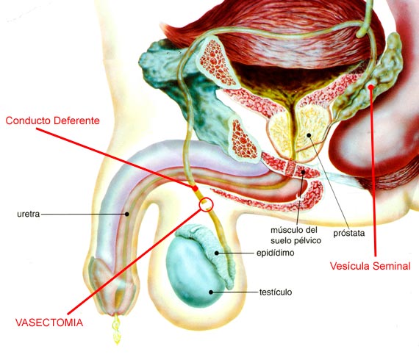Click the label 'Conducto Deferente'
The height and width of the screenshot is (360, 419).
[52, 120]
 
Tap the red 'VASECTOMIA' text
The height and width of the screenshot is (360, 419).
[49, 323]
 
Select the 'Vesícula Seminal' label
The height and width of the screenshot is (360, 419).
[370, 266]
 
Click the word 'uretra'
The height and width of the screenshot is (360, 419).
[29, 215]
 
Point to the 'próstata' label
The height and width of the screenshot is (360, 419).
[348, 234]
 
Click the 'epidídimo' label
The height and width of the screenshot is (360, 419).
[275, 253]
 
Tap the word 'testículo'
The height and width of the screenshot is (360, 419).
[276, 292]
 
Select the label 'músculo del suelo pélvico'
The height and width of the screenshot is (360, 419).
[296, 235]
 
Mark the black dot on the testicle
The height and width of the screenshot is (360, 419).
[211, 292]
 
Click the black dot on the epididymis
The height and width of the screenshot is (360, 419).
[217, 253]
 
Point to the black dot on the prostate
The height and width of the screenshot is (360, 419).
[309, 135]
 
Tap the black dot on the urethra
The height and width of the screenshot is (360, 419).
[127, 214]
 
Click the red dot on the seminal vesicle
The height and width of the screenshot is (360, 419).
[370, 86]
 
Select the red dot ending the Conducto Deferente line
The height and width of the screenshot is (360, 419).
[196, 188]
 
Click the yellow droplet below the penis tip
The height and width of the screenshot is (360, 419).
[116, 329]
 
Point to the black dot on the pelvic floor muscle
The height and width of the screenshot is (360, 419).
[303, 172]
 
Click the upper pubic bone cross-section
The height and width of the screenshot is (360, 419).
[217, 63]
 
